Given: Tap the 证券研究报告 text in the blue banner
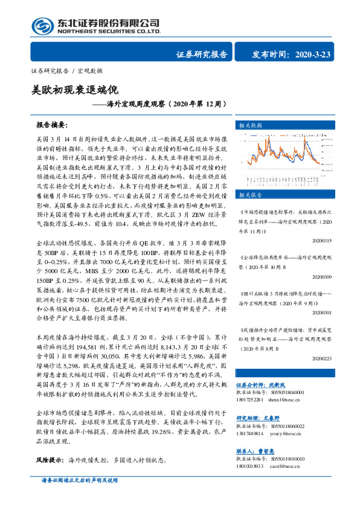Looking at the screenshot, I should pos(201,54).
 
